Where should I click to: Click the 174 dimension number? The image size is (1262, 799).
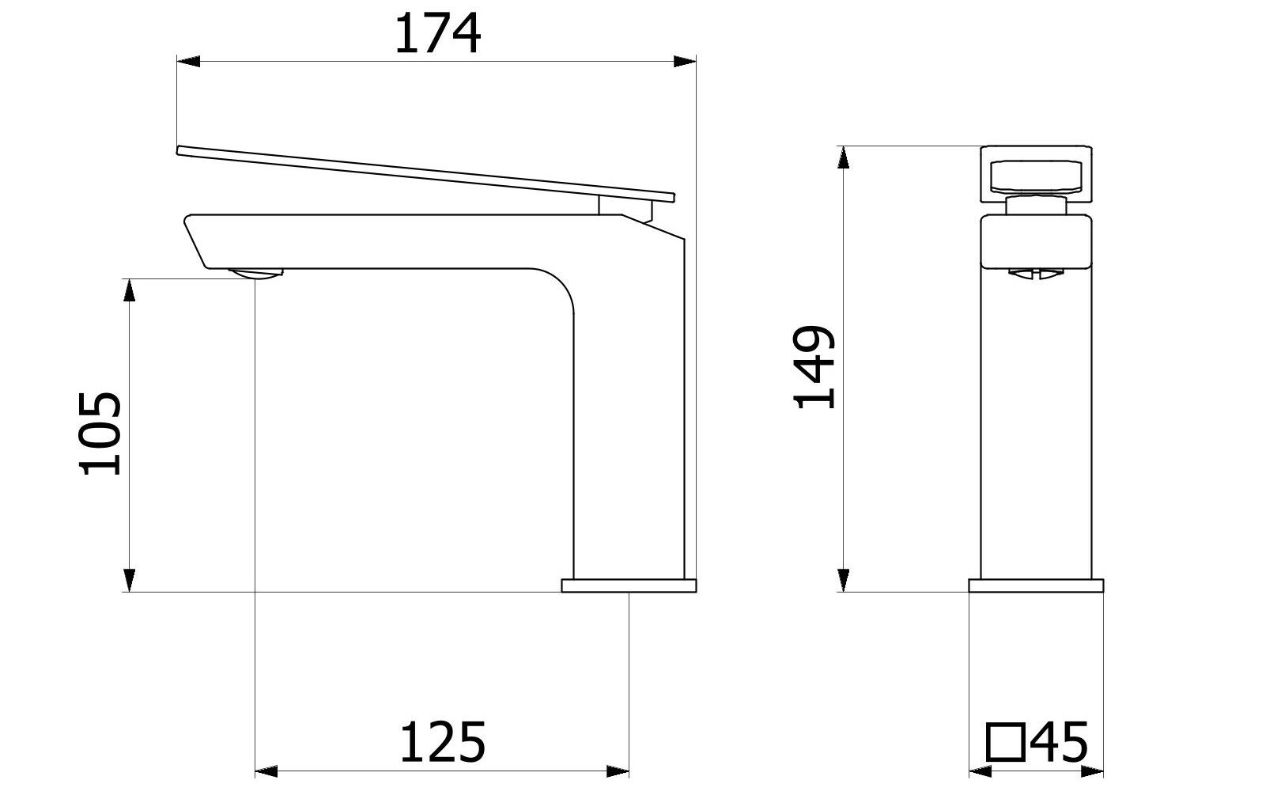[x=437, y=34]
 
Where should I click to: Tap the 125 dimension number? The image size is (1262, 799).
[x=442, y=742]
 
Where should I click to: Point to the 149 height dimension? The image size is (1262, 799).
[x=815, y=367]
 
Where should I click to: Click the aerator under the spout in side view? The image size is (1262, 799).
[x=255, y=273]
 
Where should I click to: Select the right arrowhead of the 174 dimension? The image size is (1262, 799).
[x=685, y=61]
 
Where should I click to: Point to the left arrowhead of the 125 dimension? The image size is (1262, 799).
[x=266, y=770]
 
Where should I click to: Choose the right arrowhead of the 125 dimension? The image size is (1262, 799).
[x=618, y=770]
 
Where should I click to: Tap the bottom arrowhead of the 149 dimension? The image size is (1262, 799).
[x=844, y=581]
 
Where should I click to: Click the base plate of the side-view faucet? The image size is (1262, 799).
[x=629, y=585]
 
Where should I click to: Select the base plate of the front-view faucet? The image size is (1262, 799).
[x=1036, y=585]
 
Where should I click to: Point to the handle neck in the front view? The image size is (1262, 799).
[x=1036, y=207]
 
